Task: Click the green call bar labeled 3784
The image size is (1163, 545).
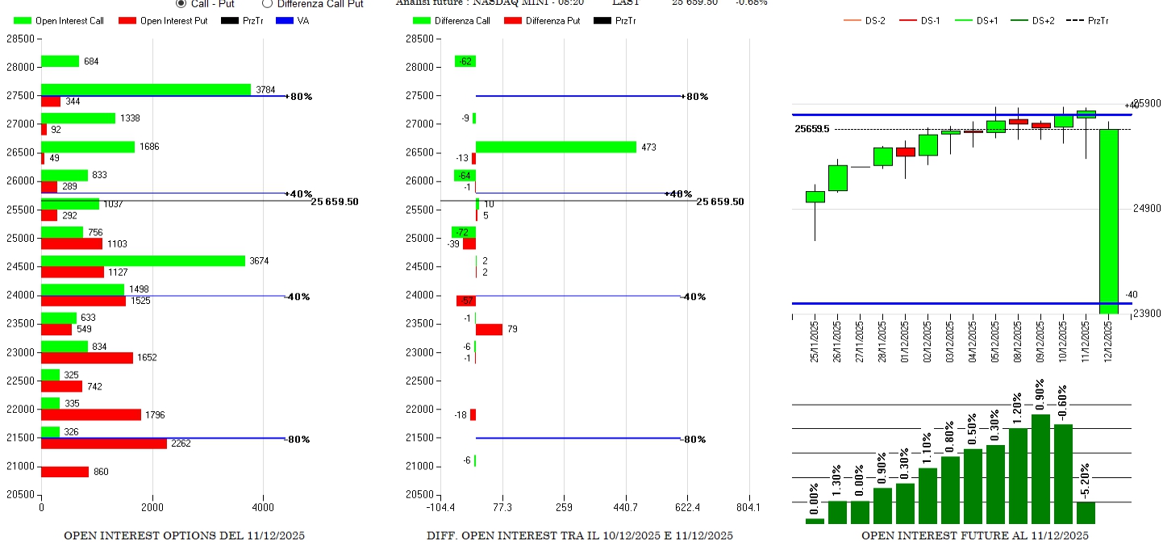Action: click(x=146, y=89)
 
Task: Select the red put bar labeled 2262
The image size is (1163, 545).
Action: click(x=104, y=443)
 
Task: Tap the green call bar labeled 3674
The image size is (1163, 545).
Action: click(x=143, y=260)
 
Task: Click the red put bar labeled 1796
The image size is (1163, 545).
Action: click(x=91, y=414)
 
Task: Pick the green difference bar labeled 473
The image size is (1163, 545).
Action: click(x=556, y=147)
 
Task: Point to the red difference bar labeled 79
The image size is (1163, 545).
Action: click(x=489, y=329)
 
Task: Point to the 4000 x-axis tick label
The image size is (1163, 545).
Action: click(x=263, y=508)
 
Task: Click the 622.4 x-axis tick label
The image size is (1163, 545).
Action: click(x=687, y=508)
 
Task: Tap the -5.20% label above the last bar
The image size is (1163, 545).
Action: click(x=1086, y=481)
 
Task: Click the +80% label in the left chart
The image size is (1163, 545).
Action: click(x=300, y=97)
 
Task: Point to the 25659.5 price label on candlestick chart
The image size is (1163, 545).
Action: click(x=811, y=129)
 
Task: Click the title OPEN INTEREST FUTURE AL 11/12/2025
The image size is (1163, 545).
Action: click(x=974, y=535)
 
